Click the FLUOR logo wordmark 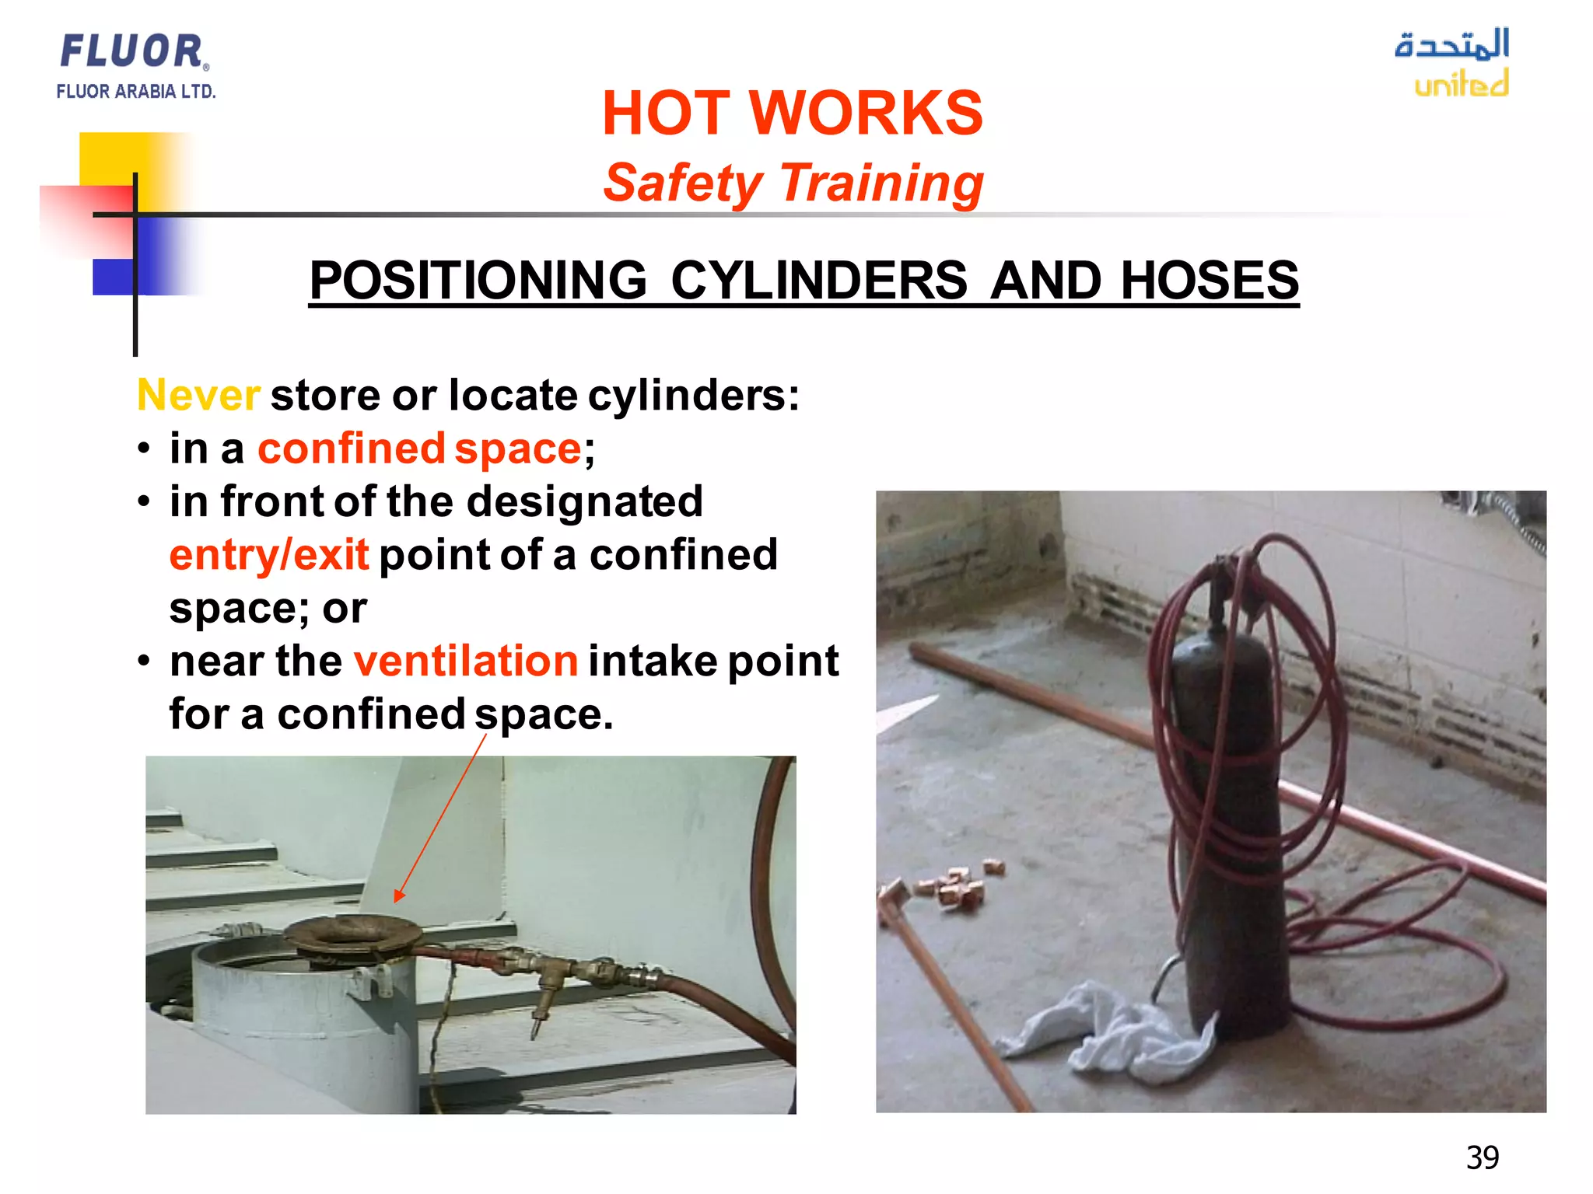click(x=132, y=51)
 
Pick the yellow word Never click(x=198, y=395)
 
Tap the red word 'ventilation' click(x=466, y=661)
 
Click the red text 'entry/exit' click(x=269, y=555)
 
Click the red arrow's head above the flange click(x=398, y=896)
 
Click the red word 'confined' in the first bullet click(x=351, y=449)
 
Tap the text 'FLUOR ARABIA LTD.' click(x=135, y=92)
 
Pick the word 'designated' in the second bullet click(x=584, y=501)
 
